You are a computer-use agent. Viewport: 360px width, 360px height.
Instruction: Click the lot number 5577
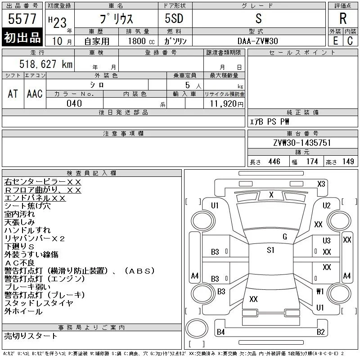tap(22, 19)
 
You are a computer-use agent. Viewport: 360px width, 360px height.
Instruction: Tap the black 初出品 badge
tap(22, 37)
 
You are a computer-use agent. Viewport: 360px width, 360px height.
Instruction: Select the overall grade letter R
tap(343, 18)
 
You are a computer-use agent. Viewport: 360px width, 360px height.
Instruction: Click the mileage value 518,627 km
tap(46, 64)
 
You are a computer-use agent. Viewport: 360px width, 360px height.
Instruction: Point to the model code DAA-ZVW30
tap(257, 41)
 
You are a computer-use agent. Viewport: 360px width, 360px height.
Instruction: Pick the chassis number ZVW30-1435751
tap(302, 143)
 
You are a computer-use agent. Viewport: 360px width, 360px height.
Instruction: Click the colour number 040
tap(74, 103)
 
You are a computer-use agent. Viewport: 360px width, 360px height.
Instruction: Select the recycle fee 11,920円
tap(226, 104)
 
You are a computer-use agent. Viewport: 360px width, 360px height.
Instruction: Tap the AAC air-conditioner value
tap(35, 94)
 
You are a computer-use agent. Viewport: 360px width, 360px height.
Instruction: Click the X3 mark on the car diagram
tap(321, 184)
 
